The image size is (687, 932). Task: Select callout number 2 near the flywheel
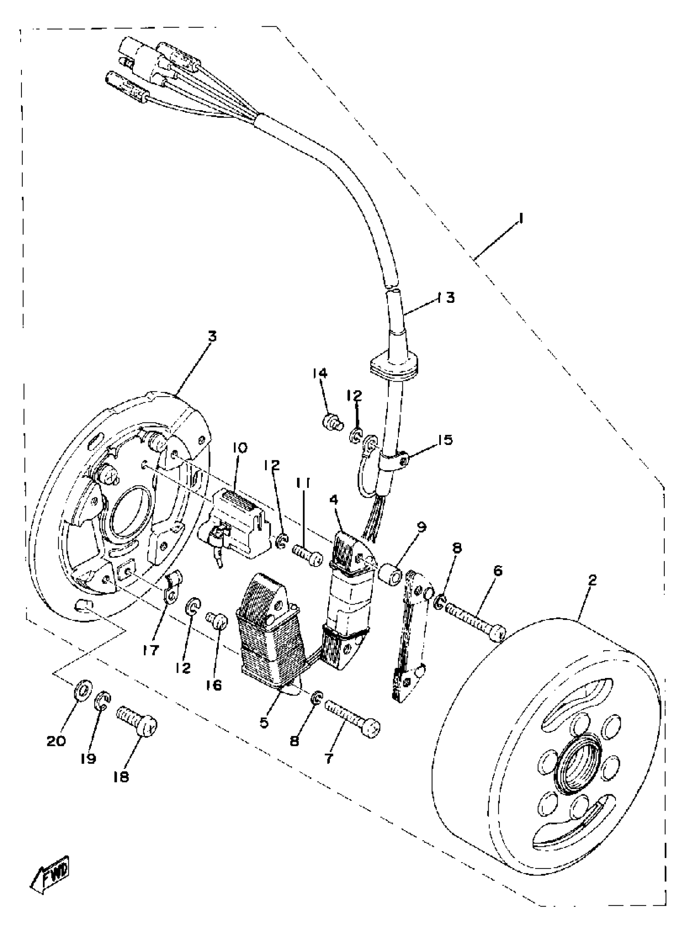[x=592, y=580]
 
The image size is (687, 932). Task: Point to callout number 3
[x=212, y=336]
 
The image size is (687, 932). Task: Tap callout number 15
[x=445, y=440]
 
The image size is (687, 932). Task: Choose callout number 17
[x=151, y=650]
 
